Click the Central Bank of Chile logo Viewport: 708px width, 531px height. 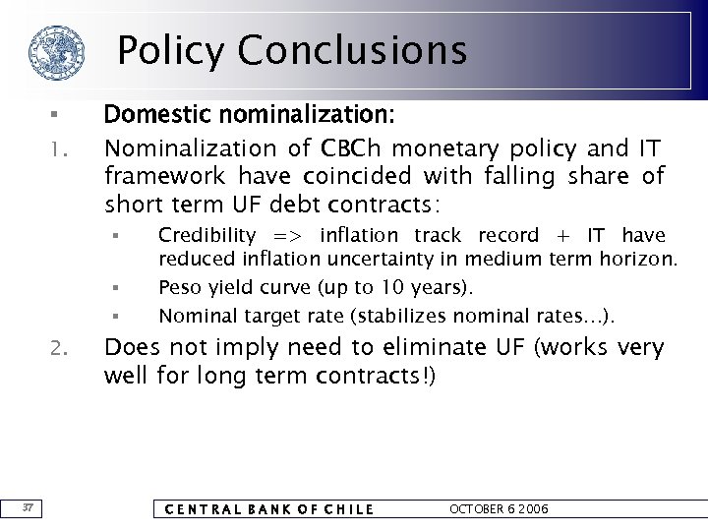54,52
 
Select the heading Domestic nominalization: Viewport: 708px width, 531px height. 250,116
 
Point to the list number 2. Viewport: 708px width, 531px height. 58,347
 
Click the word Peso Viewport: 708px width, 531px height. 180,289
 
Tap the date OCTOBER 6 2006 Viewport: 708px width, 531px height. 499,508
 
